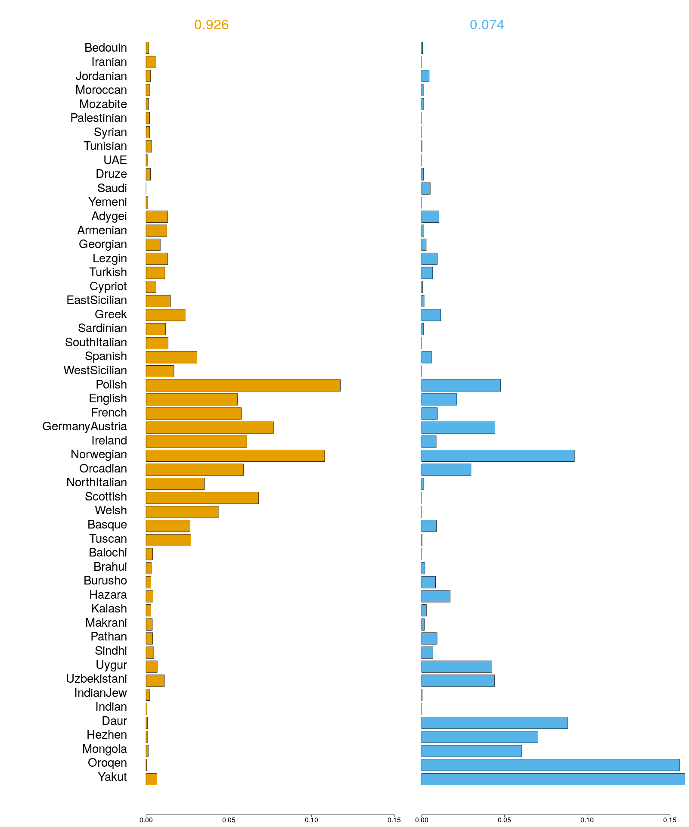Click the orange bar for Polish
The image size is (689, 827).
pyautogui.click(x=243, y=385)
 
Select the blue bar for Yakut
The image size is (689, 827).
pyautogui.click(x=553, y=779)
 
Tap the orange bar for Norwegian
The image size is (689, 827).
pyautogui.click(x=235, y=455)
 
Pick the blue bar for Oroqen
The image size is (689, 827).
pyautogui.click(x=550, y=765)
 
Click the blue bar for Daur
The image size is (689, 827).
pyautogui.click(x=494, y=722)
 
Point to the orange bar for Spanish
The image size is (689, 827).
pyautogui.click(x=171, y=357)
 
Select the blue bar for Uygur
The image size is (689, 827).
pyautogui.click(x=456, y=666)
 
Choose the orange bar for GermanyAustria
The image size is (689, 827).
pyautogui.click(x=210, y=427)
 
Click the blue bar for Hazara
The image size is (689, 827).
pyautogui.click(x=436, y=596)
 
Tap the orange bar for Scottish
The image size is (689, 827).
pyautogui.click(x=202, y=497)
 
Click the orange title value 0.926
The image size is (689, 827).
pyautogui.click(x=211, y=25)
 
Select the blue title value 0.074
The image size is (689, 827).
pyautogui.click(x=487, y=25)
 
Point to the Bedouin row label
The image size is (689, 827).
pyautogui.click(x=106, y=48)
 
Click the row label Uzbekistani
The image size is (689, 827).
pyautogui.click(x=96, y=679)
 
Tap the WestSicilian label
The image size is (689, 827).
pyautogui.click(x=95, y=370)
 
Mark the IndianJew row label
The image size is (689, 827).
pyautogui.click(x=100, y=693)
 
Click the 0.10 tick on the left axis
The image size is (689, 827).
pyautogui.click(x=311, y=820)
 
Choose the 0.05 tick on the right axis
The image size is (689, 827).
pyautogui.click(x=504, y=820)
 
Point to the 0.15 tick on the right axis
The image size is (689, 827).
pyautogui.click(x=670, y=820)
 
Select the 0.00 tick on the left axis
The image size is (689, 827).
pyautogui.click(x=146, y=820)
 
